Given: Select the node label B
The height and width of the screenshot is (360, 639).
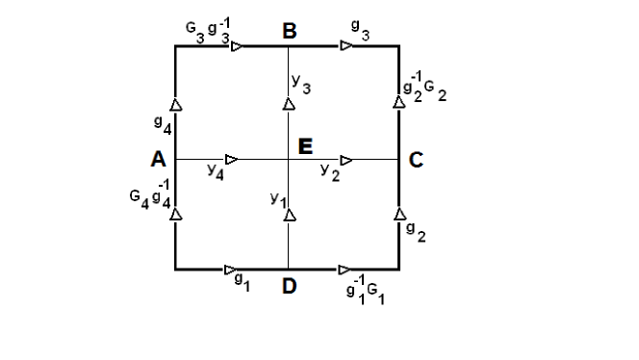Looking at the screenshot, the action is coord(290,32).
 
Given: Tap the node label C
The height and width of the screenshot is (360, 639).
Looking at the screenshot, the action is coord(415,161).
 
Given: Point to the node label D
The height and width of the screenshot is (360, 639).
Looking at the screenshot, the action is coord(290,286).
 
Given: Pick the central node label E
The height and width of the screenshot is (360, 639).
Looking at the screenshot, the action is coord(306,146).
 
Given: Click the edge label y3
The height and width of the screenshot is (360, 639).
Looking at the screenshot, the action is coord(303,87).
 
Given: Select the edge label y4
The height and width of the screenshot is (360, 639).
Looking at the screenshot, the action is coord(215,171).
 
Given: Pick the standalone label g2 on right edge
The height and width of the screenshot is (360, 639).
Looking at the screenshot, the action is coord(412,230).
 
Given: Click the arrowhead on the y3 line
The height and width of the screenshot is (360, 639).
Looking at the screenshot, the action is coord(289,102).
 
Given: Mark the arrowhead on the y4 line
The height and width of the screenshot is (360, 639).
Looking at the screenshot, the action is coord(231,159).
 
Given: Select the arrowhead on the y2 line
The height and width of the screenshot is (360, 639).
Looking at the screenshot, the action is coord(346,159).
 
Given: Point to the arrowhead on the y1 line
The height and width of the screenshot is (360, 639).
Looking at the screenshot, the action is coord(289,216).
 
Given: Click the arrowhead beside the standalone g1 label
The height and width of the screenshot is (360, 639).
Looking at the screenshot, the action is coord(231,270).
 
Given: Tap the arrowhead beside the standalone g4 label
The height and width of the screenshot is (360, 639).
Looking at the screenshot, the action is coord(176,104).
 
